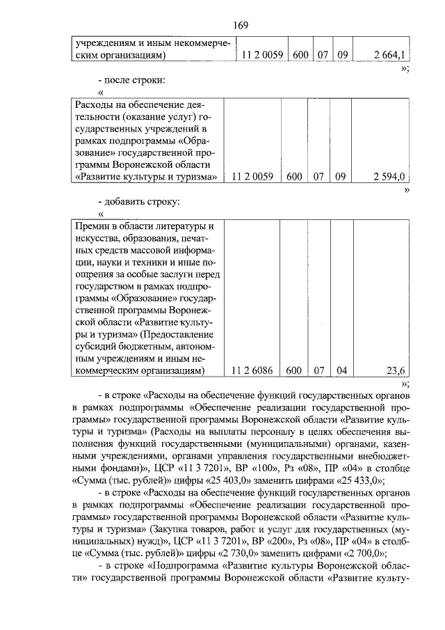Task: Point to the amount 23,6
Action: click(x=398, y=370)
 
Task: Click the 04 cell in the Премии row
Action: click(x=341, y=370)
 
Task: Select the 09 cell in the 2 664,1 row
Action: click(x=341, y=54)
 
